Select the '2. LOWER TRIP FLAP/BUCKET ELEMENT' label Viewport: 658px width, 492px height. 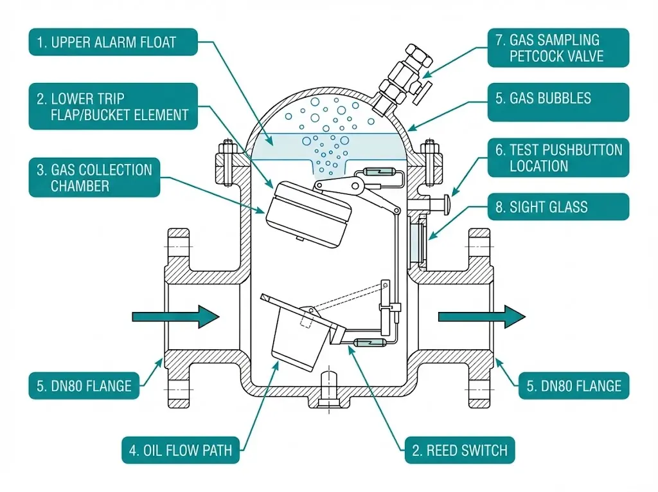pos(113,107)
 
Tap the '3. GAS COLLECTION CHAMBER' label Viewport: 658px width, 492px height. pos(94,178)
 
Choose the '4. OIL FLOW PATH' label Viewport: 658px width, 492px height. pos(181,450)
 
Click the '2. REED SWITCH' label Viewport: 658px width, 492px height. pos(459,450)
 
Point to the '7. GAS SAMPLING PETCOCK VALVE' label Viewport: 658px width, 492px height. pos(557,48)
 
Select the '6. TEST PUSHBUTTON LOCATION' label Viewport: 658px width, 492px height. pos(557,158)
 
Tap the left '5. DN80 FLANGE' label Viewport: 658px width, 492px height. pos(84,386)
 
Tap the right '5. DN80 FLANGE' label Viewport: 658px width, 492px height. pos(574,386)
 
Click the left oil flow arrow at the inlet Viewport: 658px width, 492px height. pos(175,316)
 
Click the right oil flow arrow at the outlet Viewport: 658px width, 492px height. pos(481,316)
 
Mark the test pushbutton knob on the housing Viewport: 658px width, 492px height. pos(443,204)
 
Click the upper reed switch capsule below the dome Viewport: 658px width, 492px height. pos(378,172)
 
